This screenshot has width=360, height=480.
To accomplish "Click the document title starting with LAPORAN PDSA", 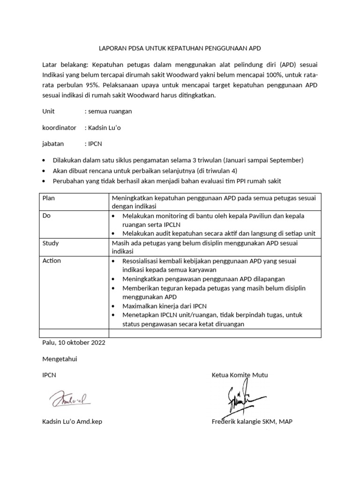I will point(180,48).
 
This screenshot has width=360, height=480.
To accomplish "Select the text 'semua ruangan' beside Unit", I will point(108,111).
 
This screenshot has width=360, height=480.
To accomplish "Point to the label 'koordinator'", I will point(59,127).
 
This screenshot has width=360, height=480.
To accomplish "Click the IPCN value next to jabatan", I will point(92,144).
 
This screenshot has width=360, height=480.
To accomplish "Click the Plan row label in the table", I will point(49,198).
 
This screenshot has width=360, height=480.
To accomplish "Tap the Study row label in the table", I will point(51,243).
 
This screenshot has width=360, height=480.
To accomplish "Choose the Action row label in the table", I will point(52,261).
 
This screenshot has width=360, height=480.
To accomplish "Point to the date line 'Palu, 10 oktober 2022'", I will point(74,342).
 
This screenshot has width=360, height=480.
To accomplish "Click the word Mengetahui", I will point(60,359).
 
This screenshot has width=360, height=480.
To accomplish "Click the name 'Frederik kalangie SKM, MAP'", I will point(252,421).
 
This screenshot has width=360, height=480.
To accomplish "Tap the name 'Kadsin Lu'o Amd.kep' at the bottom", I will point(72,421).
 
